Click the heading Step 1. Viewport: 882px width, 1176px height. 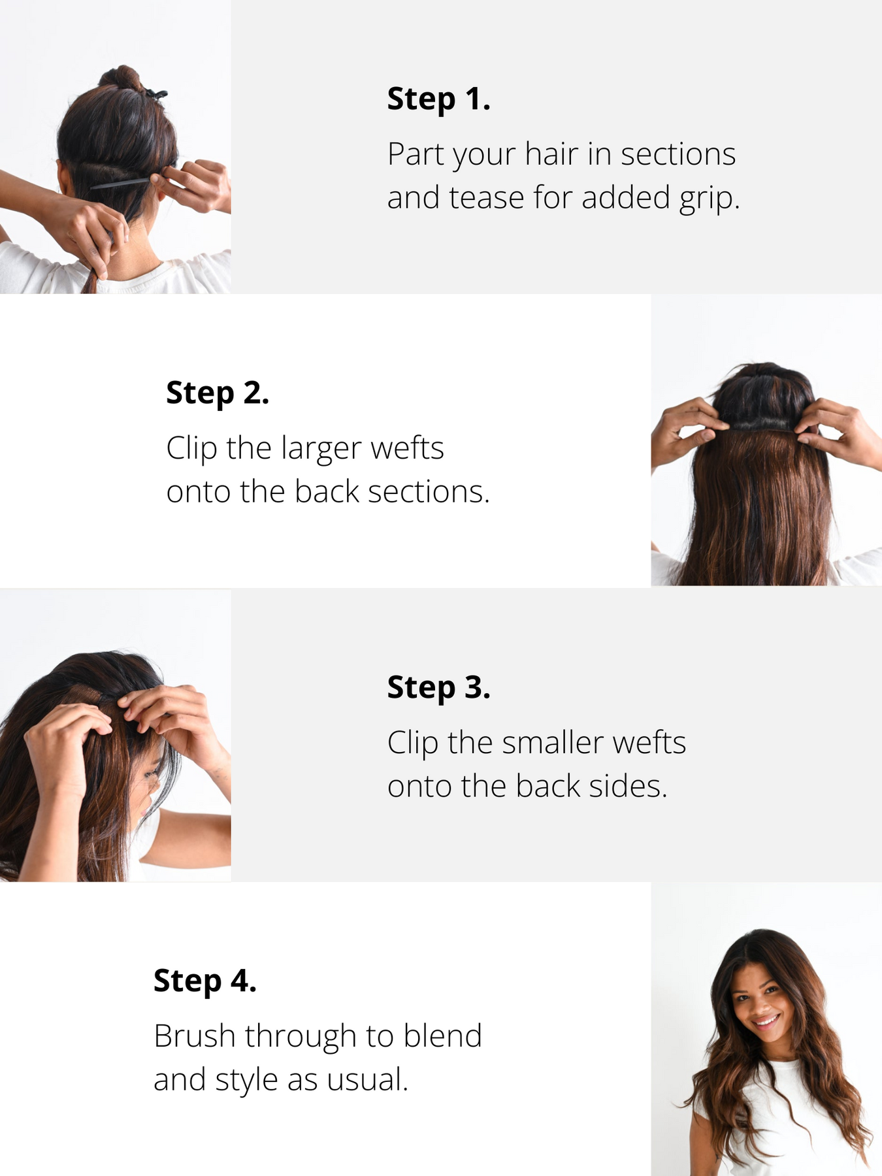tap(438, 99)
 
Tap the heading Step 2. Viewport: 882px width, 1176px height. tap(218, 393)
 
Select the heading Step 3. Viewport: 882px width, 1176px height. tap(438, 688)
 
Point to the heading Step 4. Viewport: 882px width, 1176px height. tap(205, 981)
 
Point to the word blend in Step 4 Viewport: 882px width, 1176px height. tap(442, 1036)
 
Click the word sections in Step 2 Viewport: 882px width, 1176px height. tap(429, 493)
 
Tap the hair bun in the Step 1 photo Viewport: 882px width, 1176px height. tap(123, 79)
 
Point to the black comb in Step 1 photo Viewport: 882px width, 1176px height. tap(122, 183)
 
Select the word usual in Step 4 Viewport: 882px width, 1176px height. tap(367, 1080)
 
